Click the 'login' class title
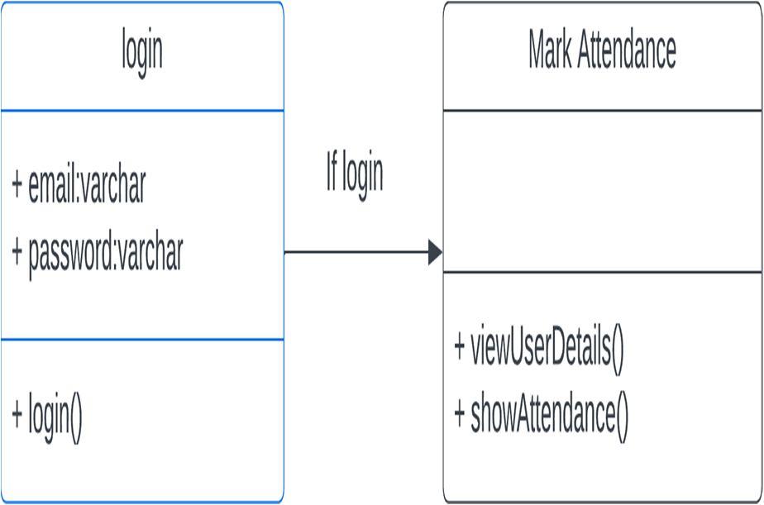point(142,51)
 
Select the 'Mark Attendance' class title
point(602,51)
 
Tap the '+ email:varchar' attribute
point(79,184)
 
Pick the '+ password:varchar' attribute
point(97,251)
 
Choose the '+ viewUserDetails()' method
point(538,347)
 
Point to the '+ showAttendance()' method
point(541,412)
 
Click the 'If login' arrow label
point(355,174)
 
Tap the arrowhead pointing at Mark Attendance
point(436,252)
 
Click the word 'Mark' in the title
point(549,51)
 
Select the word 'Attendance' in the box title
point(626,51)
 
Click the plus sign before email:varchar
point(17,184)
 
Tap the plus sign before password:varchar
point(17,251)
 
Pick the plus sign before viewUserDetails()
point(460,347)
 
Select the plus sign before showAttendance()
point(460,412)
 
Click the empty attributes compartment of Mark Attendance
point(602,191)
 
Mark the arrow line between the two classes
point(356,252)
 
